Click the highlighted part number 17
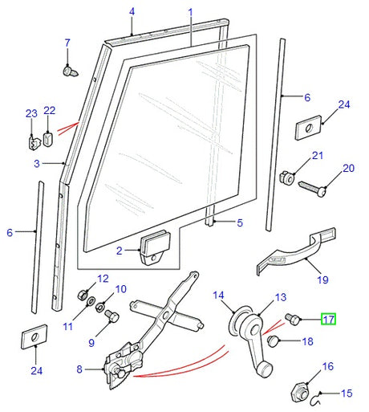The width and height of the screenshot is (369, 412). click(x=329, y=320)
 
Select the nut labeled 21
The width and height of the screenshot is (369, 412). click(x=285, y=175)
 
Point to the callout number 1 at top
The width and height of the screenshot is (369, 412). click(x=191, y=12)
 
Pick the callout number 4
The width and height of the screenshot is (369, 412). click(x=132, y=12)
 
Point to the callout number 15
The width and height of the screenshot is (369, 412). click(x=347, y=394)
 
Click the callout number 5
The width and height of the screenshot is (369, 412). click(x=238, y=223)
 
